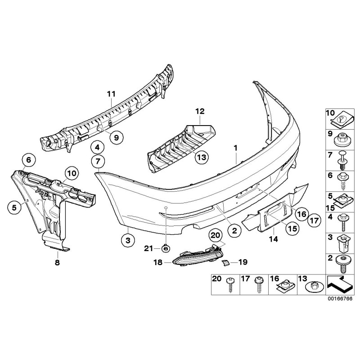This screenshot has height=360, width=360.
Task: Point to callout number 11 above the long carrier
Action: click(x=111, y=94)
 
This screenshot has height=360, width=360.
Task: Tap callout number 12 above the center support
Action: click(x=199, y=111)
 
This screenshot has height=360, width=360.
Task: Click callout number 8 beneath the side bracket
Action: click(x=57, y=261)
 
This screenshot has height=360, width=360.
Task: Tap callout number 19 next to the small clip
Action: click(x=243, y=261)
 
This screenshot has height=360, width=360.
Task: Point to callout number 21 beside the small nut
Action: click(x=149, y=247)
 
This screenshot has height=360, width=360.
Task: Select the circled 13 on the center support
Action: click(x=202, y=157)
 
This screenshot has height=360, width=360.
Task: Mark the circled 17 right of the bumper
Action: click(x=314, y=220)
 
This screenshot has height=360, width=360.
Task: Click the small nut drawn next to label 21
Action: click(x=166, y=247)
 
